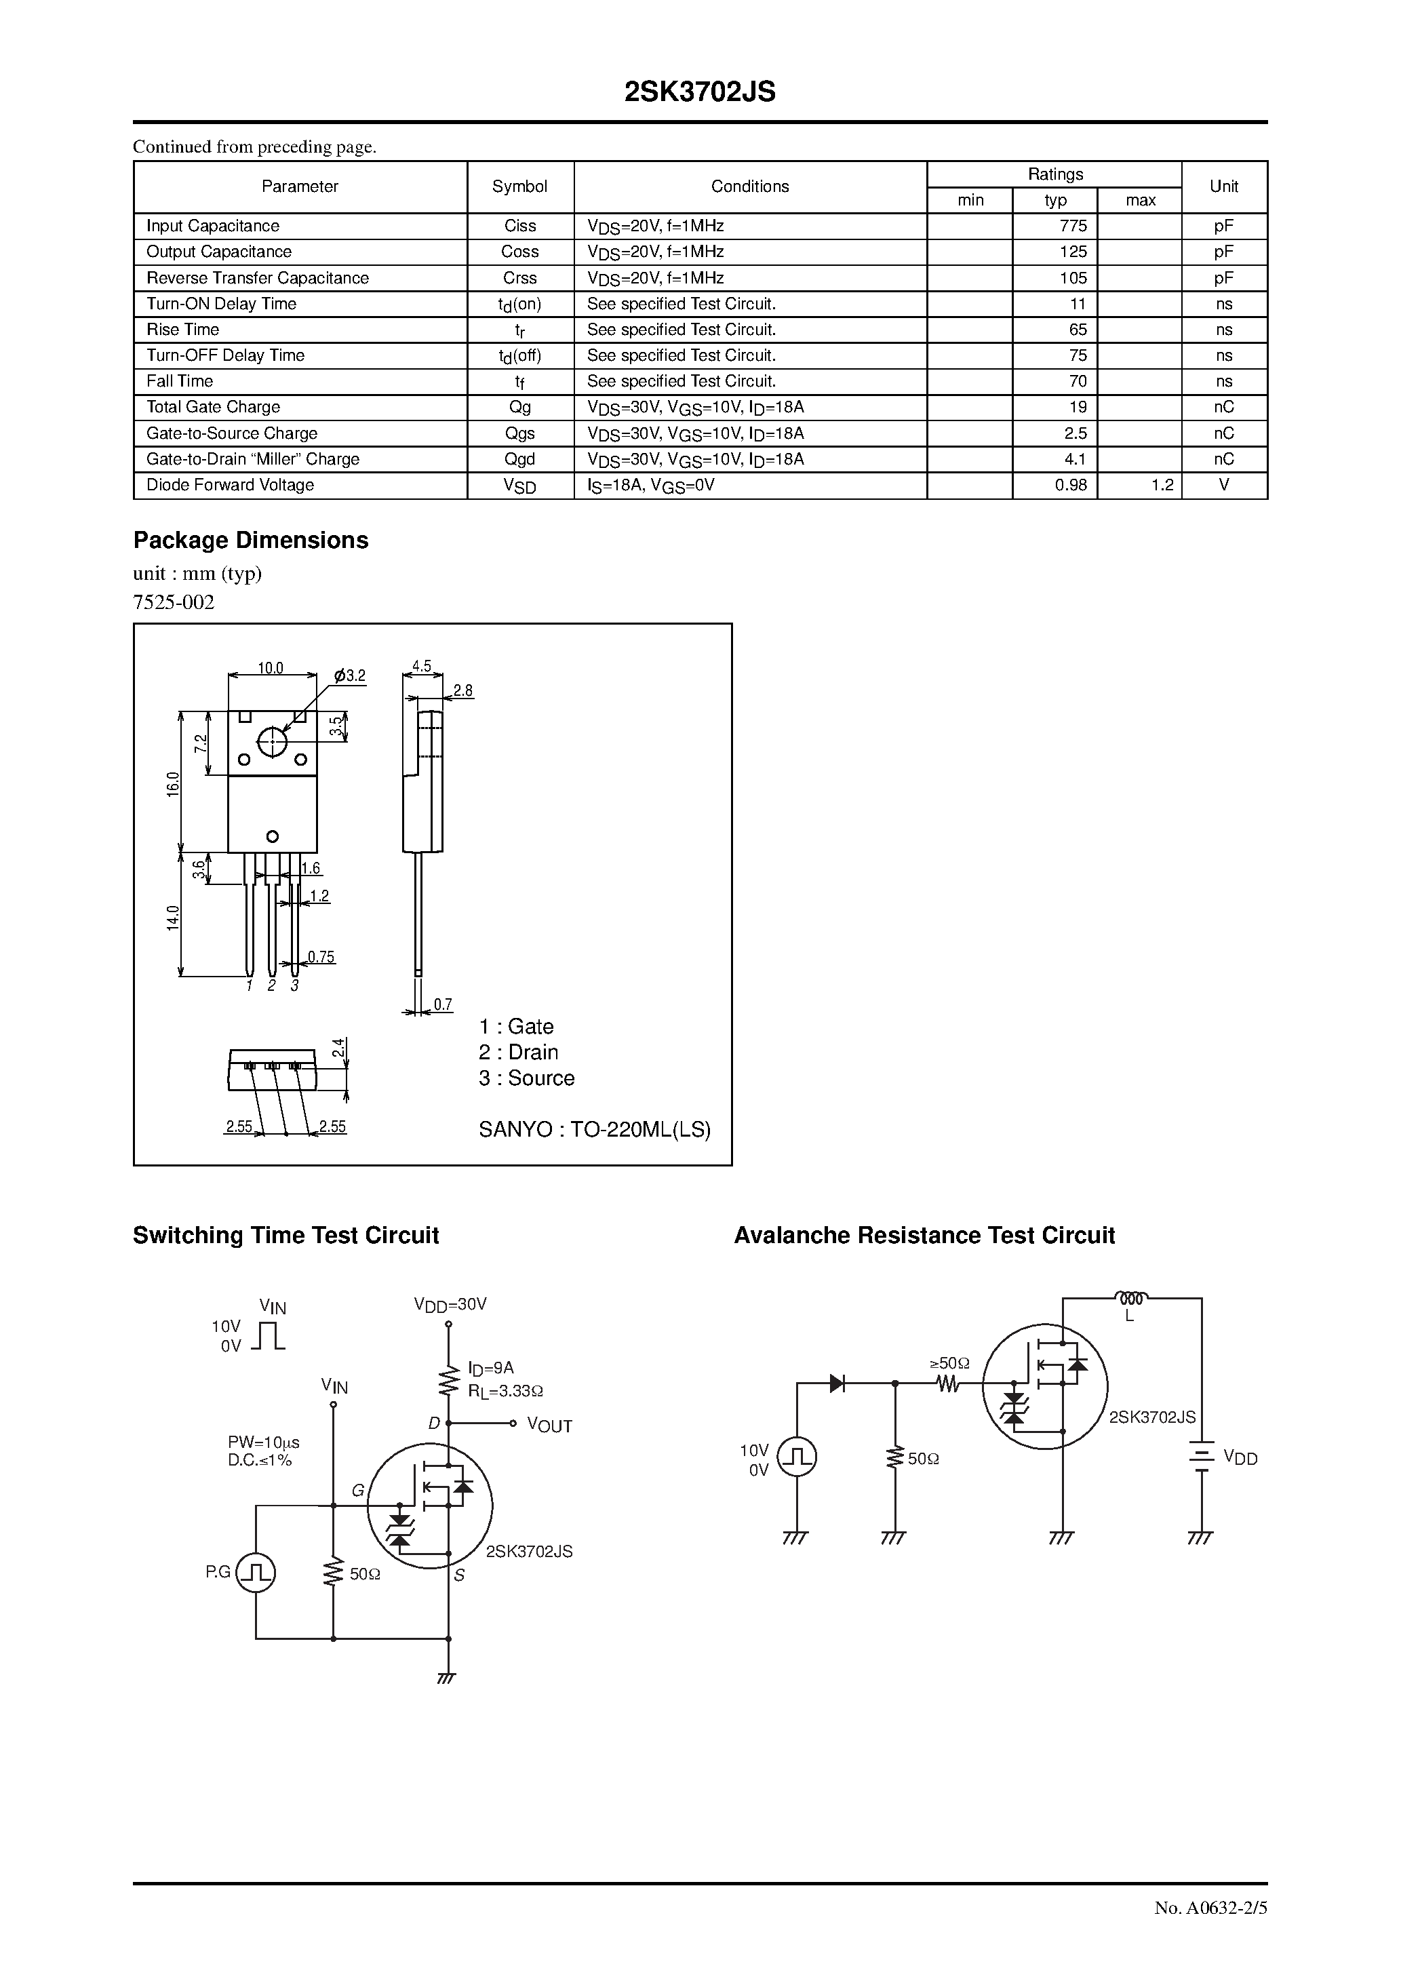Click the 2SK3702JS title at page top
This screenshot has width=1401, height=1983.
pyautogui.click(x=700, y=92)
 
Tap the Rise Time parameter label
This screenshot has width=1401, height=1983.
pyautogui.click(x=183, y=330)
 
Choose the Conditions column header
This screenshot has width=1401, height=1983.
pyautogui.click(x=750, y=186)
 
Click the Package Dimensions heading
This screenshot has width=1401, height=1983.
pyautogui.click(x=250, y=541)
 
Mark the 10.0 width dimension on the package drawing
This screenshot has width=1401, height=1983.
pyautogui.click(x=271, y=667)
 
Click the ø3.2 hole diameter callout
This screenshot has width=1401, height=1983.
pyautogui.click(x=350, y=675)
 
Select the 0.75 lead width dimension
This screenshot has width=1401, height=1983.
pyautogui.click(x=321, y=957)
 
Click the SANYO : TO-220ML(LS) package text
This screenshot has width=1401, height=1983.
pyautogui.click(x=594, y=1130)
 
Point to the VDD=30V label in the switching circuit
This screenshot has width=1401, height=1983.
pyautogui.click(x=450, y=1304)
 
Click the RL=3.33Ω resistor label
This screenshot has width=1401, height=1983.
pyautogui.click(x=505, y=1392)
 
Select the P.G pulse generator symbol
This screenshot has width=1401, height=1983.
pyautogui.click(x=256, y=1572)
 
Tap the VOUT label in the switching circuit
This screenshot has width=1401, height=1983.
pyautogui.click(x=549, y=1425)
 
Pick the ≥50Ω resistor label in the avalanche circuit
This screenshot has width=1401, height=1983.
pyautogui.click(x=949, y=1364)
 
